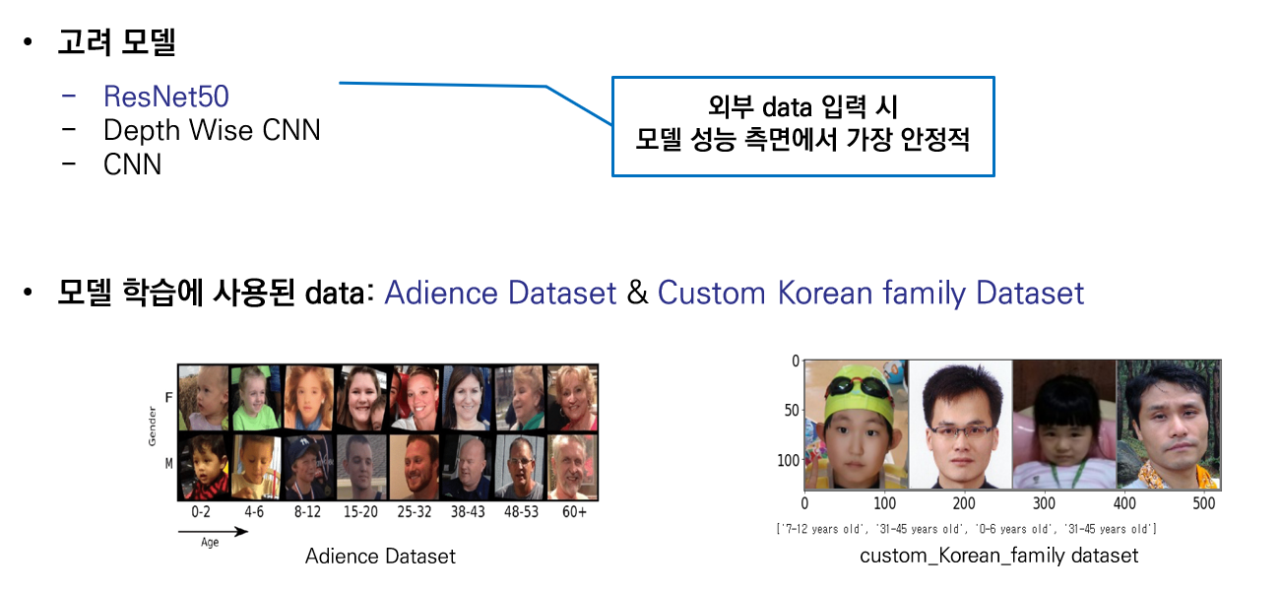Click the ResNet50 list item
[165, 97]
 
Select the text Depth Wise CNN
[212, 130]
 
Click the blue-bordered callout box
[802, 126]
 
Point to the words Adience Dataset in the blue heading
[500, 293]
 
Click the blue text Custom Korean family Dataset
[870, 293]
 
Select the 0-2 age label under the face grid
[201, 512]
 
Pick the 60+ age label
[572, 512]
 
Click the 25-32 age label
[413, 512]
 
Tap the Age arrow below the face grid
[212, 533]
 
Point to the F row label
[167, 398]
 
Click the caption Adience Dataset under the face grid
[380, 557]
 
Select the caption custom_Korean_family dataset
[998, 556]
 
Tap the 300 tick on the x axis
[1045, 504]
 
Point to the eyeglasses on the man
[960, 430]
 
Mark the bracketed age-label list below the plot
[966, 529]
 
